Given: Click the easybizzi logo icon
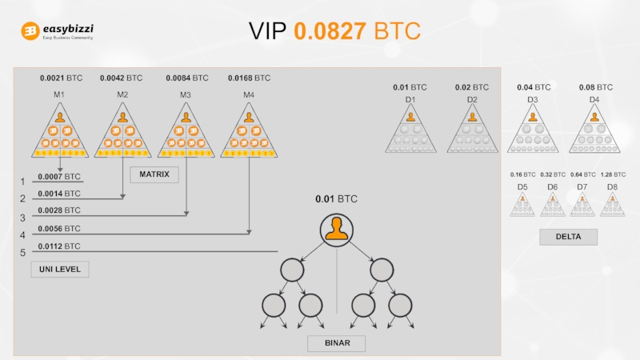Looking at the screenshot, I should (x=30, y=31).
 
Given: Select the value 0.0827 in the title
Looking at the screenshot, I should (x=330, y=31).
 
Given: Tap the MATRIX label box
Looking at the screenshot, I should (x=154, y=174).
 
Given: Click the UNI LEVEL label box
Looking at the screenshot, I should (x=60, y=270).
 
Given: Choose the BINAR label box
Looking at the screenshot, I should (x=337, y=343).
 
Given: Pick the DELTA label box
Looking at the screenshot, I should (x=568, y=237).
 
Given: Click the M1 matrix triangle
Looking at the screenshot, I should (x=59, y=135).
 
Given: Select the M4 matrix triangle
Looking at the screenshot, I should (x=249, y=135).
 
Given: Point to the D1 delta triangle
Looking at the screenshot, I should (x=410, y=130).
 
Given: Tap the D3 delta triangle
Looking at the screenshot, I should (x=533, y=130).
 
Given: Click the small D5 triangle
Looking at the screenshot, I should (x=522, y=205).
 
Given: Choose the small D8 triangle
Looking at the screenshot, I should (x=612, y=205).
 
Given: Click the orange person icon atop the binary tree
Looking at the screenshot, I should (x=337, y=230).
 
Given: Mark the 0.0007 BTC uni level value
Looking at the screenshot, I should (x=59, y=176).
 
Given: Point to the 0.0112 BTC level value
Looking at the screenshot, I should (x=59, y=246).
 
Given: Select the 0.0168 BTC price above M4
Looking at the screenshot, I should (x=249, y=78).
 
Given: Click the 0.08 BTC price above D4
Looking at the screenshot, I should (x=596, y=87).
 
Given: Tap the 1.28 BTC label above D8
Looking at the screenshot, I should (x=613, y=174).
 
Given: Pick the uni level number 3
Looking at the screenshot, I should (x=22, y=218).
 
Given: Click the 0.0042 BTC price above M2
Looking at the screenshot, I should (x=121, y=78).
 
